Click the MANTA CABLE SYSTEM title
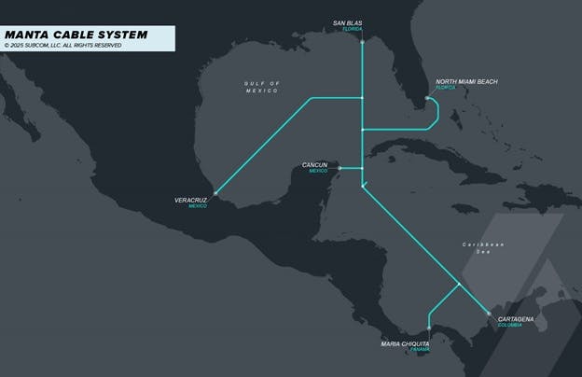point(76,35)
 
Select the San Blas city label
point(348,22)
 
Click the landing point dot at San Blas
point(362,41)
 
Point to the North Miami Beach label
point(466,81)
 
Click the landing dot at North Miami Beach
point(428,97)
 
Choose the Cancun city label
point(314,165)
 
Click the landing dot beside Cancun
point(339,168)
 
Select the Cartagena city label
point(516,319)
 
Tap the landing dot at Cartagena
point(489,314)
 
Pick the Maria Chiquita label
point(405,343)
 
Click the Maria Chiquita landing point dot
point(427,330)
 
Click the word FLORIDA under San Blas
point(352,29)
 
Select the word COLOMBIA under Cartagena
point(510,326)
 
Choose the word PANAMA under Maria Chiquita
point(419,350)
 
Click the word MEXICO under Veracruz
point(198,205)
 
